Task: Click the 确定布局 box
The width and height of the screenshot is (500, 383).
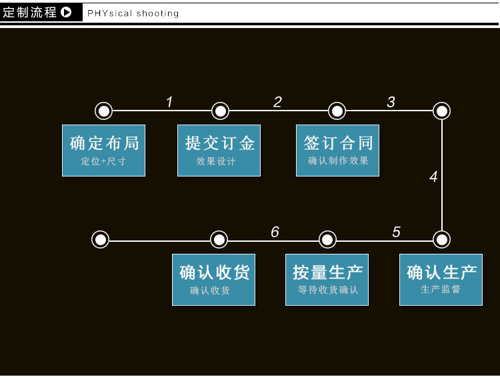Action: tap(103, 151)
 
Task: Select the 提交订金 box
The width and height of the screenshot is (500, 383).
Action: tap(219, 151)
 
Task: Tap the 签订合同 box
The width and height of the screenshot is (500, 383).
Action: tap(338, 151)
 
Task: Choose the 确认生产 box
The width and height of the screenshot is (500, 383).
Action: tap(441, 280)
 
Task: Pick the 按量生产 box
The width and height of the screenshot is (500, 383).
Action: tap(327, 280)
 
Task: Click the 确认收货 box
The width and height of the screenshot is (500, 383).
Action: tap(213, 280)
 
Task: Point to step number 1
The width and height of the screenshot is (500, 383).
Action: tap(169, 102)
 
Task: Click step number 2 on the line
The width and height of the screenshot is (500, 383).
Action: tap(277, 102)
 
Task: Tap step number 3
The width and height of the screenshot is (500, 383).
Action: tap(391, 102)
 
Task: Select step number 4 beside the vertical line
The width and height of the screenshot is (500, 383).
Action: tap(433, 177)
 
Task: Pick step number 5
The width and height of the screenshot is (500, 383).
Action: tap(396, 232)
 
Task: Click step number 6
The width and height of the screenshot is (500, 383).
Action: tap(275, 232)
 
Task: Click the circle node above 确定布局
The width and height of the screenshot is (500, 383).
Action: tap(103, 111)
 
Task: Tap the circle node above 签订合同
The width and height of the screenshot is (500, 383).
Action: tap(337, 111)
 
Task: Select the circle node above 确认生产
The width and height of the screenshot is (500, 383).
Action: tap(441, 240)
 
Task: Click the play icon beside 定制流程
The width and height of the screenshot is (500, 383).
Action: tap(66, 13)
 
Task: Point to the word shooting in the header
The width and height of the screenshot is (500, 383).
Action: tap(157, 13)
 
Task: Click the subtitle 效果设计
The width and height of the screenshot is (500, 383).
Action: tap(216, 161)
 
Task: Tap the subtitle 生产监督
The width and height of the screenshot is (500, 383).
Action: tap(441, 289)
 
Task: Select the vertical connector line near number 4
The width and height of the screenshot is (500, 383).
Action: tap(442, 175)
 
